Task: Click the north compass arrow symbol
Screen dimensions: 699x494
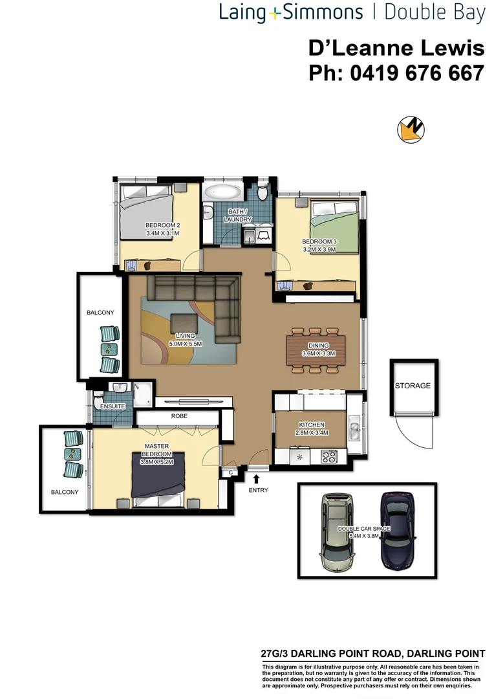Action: coord(411,130)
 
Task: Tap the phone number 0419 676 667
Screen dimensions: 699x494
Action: coord(396,73)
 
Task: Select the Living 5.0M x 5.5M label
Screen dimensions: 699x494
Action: coord(186,340)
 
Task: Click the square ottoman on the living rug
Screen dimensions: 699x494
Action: coord(186,322)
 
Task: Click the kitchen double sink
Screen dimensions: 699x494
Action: coord(354,428)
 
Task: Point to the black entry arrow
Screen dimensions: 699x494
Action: coord(257,479)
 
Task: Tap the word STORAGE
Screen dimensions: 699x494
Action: coord(413,386)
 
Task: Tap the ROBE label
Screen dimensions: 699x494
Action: coord(179,416)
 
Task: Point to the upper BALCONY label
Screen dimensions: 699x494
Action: coord(100,313)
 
